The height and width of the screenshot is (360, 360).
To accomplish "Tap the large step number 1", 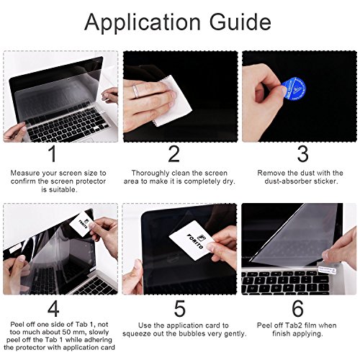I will point(51,155).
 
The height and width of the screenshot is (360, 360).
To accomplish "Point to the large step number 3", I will point(302,155).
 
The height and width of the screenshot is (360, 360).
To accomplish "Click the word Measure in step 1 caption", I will point(27,174).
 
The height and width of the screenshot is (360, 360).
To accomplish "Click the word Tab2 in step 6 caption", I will point(290,325).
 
